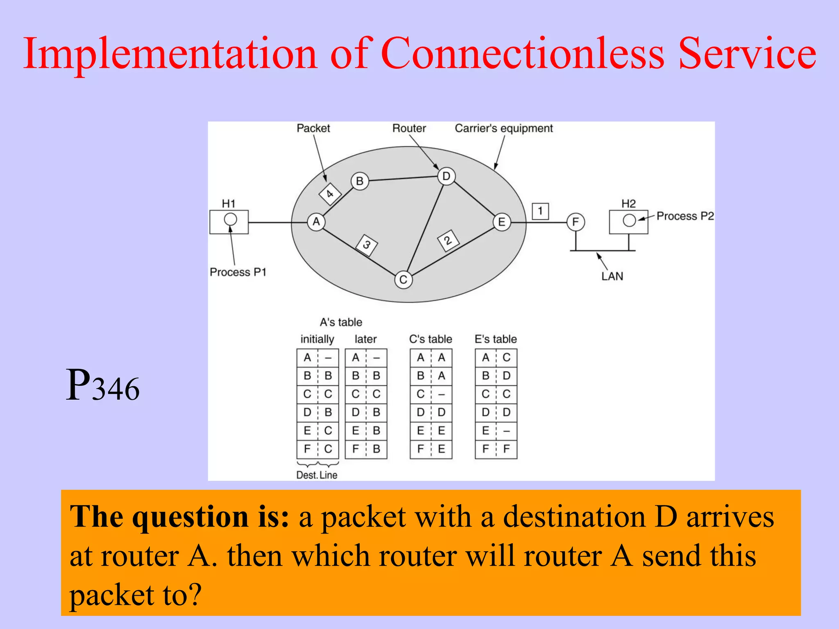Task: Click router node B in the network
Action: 360,181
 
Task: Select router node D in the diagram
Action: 446,176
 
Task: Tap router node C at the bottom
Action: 404,280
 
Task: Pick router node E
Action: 502,222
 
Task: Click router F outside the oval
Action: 576,222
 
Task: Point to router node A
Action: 316,222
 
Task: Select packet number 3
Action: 367,245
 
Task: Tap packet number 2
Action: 448,240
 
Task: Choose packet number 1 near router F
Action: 540,211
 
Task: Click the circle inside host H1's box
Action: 230,219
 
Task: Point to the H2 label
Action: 628,204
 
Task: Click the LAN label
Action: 612,276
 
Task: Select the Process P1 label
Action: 238,272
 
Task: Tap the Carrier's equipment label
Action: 503,129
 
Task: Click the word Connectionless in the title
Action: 522,54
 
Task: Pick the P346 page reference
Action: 103,386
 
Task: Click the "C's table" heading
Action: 431,339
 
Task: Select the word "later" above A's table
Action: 365,339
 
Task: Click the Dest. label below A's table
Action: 307,475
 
